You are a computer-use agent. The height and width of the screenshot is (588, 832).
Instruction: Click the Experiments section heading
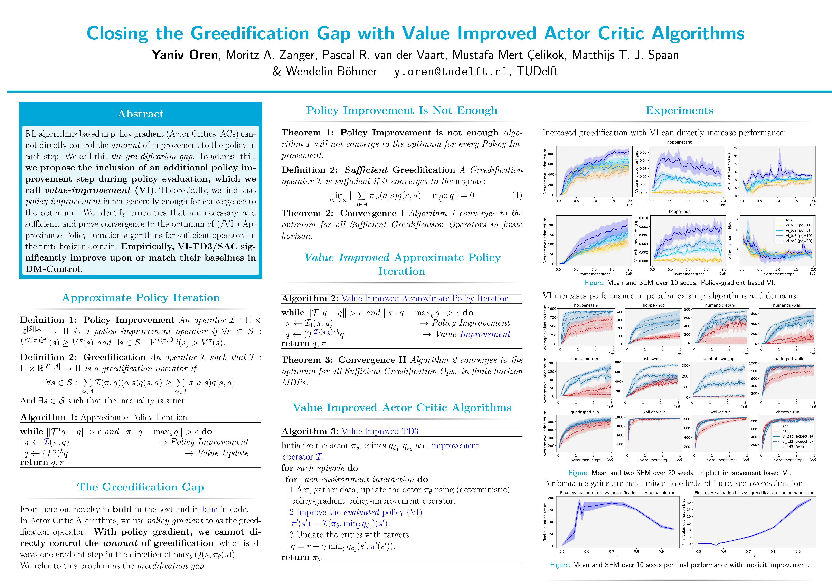(x=679, y=110)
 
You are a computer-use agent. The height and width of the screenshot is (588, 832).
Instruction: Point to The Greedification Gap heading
(x=141, y=487)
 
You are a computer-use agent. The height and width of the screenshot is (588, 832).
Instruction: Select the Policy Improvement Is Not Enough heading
(x=401, y=110)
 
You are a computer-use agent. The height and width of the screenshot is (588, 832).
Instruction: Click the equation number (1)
(x=517, y=196)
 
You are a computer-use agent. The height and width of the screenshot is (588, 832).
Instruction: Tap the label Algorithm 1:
(x=49, y=418)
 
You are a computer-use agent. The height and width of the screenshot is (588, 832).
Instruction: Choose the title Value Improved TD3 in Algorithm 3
(x=380, y=431)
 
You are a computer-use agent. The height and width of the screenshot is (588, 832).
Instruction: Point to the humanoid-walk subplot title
(x=787, y=305)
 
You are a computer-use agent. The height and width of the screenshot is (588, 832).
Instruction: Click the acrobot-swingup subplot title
(x=719, y=359)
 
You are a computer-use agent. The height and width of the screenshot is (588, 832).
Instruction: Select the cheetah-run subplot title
(x=787, y=412)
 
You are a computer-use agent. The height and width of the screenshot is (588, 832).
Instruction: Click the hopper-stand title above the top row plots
(x=679, y=142)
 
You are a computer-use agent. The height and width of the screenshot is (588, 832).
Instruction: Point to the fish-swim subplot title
(x=652, y=359)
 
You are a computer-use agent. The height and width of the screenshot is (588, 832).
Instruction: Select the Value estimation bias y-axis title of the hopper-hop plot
(x=730, y=241)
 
